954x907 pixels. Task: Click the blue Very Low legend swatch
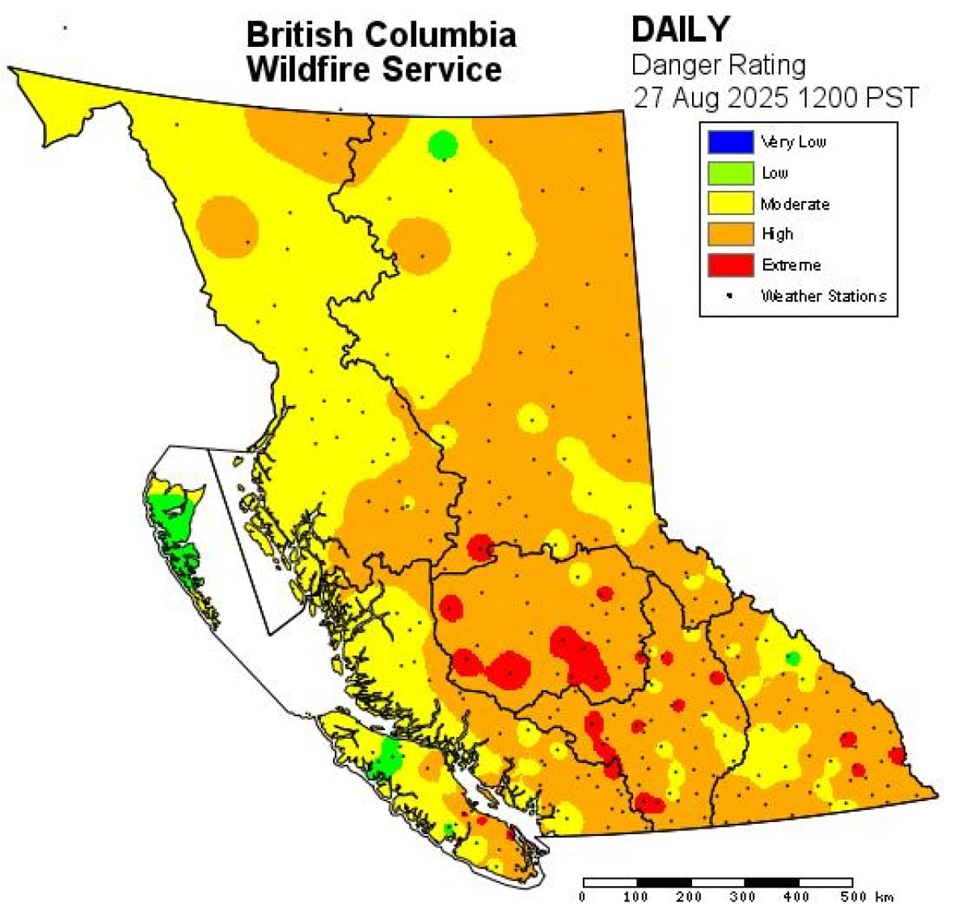[730, 141]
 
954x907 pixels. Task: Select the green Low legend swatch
[730, 172]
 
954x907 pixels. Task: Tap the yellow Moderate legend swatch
[730, 203]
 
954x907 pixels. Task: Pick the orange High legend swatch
[730, 234]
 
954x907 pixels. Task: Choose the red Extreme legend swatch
[730, 264]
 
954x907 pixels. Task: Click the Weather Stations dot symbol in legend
[729, 296]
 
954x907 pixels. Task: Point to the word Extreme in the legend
[791, 265]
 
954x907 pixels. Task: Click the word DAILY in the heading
[680, 30]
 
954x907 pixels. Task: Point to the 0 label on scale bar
[583, 896]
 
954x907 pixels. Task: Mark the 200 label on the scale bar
[689, 896]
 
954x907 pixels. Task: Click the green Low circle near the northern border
[442, 146]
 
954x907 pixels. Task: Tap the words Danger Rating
[718, 65]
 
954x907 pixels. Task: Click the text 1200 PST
[858, 98]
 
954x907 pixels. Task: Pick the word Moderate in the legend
[795, 204]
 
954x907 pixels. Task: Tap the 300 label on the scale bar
[742, 896]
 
